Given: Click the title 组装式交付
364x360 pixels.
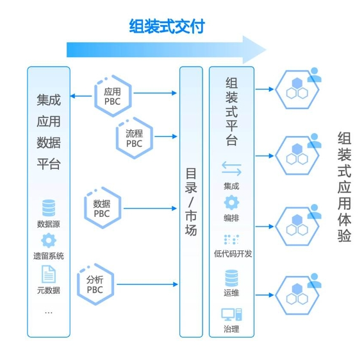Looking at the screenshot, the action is click(x=167, y=26).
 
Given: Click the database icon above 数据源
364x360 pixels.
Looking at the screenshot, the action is click(x=49, y=208).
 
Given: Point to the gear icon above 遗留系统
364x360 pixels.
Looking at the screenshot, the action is click(x=49, y=240).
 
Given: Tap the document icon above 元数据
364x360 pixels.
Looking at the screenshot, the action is click(x=49, y=274).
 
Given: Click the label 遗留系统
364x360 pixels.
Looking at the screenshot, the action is click(x=49, y=256).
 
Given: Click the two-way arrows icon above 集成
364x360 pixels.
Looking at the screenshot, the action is click(x=231, y=169).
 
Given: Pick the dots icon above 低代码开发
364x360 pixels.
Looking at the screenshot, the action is click(x=231, y=239).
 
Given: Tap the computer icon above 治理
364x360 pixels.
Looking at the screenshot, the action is click(x=231, y=314).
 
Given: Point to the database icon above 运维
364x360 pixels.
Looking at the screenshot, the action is click(x=231, y=279).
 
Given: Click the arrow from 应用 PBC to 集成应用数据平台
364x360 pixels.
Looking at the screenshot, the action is click(x=81, y=96).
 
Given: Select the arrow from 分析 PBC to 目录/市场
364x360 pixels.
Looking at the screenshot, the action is click(x=147, y=284).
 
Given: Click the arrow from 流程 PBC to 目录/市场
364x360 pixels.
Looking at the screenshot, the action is click(x=166, y=137).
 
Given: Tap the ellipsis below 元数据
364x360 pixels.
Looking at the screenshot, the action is click(x=49, y=313).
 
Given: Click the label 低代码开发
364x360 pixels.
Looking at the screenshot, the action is click(x=233, y=253).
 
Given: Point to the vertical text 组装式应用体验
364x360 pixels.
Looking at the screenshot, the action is click(x=344, y=187).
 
